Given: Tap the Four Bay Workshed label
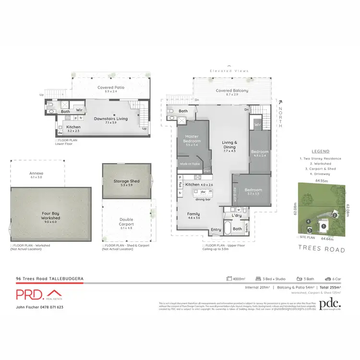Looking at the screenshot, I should click(50, 215).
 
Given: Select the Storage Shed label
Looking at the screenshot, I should click(126, 181).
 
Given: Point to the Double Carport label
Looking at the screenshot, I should click(126, 222).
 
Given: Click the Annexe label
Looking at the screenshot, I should click(36, 173).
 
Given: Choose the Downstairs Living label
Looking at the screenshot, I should click(111, 118).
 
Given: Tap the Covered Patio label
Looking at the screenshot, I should click(111, 88).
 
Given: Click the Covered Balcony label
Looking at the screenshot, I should click(232, 91).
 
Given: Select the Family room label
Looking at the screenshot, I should click(193, 214).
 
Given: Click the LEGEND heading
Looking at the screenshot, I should click(320, 151).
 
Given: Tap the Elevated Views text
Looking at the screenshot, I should click(229, 71).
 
